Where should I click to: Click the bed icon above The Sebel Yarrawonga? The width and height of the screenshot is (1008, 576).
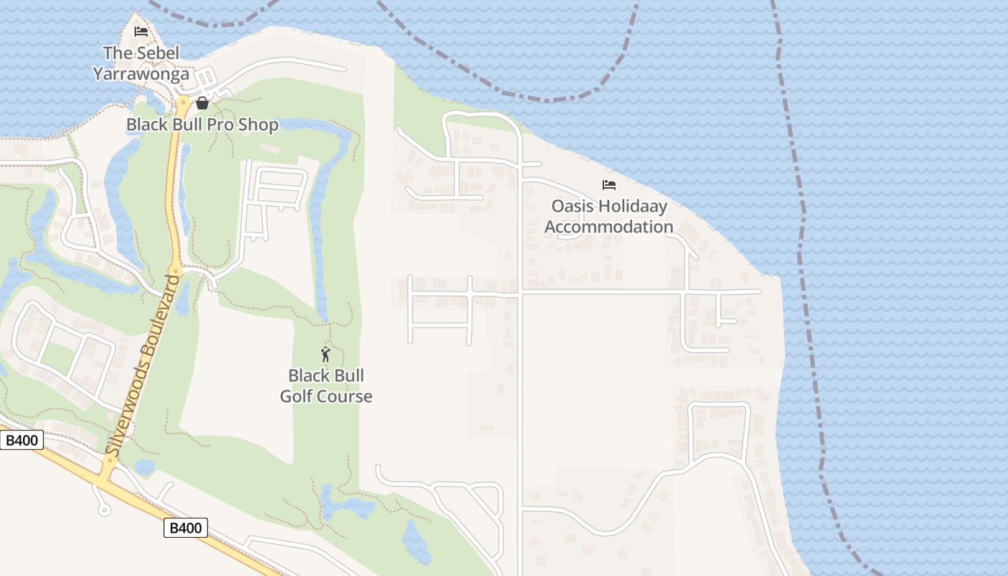(141, 32)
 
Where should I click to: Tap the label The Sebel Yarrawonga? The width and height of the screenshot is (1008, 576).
(141, 63)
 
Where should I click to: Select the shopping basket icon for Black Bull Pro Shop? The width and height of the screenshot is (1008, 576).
(202, 103)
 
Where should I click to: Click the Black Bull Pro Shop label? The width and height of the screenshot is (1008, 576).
(202, 125)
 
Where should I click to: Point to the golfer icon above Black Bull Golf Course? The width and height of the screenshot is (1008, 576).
(325, 354)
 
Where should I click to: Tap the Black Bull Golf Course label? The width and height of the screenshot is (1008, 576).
(326, 386)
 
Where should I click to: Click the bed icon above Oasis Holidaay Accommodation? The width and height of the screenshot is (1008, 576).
(609, 185)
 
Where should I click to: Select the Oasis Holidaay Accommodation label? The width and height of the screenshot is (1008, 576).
(609, 217)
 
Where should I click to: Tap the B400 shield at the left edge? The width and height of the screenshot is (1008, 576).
(22, 440)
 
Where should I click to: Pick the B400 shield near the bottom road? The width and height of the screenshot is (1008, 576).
(186, 528)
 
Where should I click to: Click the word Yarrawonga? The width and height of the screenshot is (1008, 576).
(141, 73)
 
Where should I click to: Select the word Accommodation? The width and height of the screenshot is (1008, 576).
(609, 227)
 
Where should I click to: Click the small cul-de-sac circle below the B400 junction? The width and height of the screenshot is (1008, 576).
(104, 510)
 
